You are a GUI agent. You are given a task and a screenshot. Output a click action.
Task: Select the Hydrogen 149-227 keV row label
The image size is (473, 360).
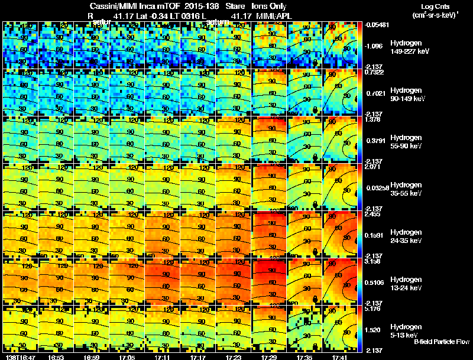click(x=410, y=47)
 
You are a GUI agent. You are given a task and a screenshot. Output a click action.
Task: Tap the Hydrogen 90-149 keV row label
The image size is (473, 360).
click(x=409, y=95)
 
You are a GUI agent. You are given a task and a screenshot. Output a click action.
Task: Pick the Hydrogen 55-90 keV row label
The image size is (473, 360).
click(x=409, y=142)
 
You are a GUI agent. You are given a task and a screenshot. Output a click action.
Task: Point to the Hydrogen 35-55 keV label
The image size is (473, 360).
click(x=409, y=189)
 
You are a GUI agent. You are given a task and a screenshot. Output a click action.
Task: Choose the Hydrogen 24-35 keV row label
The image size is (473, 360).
click(x=409, y=236)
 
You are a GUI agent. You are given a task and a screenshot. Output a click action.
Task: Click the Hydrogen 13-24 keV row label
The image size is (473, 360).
click(x=409, y=284)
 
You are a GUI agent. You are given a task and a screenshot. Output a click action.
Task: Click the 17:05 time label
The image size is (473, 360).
click(x=127, y=357)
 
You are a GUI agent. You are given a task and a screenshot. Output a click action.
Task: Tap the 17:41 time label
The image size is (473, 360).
click(x=340, y=357)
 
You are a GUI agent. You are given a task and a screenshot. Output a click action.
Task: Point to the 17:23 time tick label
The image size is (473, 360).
click(x=234, y=357)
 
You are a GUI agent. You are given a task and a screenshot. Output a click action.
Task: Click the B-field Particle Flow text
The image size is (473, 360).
click(x=441, y=342)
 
